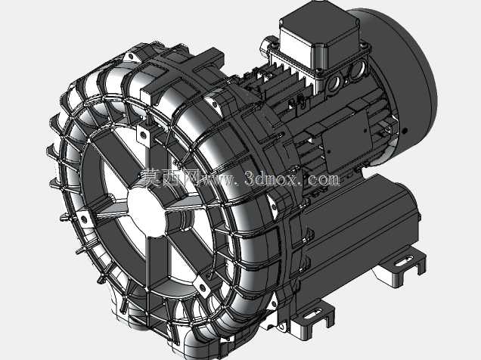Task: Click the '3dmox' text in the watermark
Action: click(271, 178)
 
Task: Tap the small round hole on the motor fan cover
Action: click(405, 131)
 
